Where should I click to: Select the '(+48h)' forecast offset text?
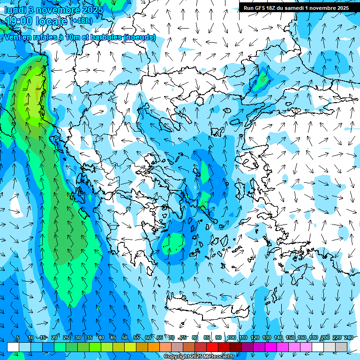click(82, 21)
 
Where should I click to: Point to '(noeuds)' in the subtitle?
click(140, 37)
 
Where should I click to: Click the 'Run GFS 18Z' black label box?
click(296, 8)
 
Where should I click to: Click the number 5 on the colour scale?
click(18, 337)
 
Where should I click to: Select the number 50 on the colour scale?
click(125, 337)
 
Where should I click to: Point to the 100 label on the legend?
click(232, 337)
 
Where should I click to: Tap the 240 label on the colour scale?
click(349, 337)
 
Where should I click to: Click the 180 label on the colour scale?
click(314, 337)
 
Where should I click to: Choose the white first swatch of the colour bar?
click(13, 347)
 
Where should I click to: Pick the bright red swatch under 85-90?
click(212, 347)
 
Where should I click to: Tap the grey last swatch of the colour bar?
click(341, 347)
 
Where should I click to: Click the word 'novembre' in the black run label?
click(319, 8)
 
